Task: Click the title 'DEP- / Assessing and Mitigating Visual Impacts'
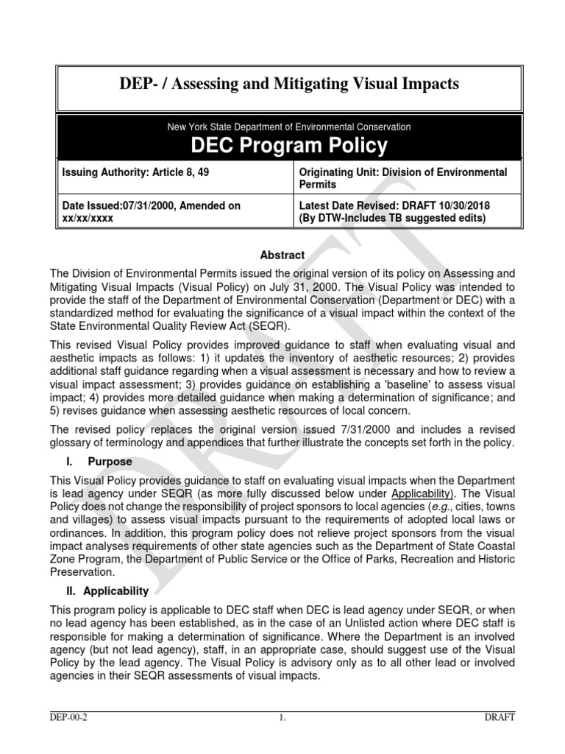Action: coord(289,85)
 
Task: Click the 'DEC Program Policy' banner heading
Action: coord(289,146)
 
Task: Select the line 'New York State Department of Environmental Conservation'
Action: coord(289,127)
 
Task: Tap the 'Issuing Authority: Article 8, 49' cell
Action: coord(129,172)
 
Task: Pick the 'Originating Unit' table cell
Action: coord(403,177)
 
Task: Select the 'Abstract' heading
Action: coord(282,255)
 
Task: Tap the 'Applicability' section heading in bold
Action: coord(116,591)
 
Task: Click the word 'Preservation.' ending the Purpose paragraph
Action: coord(82,571)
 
